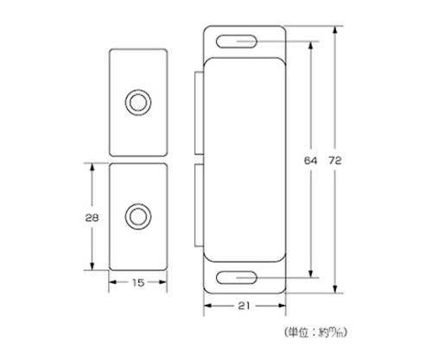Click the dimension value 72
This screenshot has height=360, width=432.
334,161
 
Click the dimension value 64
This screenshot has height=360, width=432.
310,161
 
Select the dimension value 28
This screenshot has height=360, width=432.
92,218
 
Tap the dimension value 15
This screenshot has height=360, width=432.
138,282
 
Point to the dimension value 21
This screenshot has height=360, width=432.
244,306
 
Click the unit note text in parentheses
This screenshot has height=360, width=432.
315,332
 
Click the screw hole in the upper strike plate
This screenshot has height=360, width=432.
138,103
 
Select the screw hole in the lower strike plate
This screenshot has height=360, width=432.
138,217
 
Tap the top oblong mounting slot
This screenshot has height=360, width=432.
237,41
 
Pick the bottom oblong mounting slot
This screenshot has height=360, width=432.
237,278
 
